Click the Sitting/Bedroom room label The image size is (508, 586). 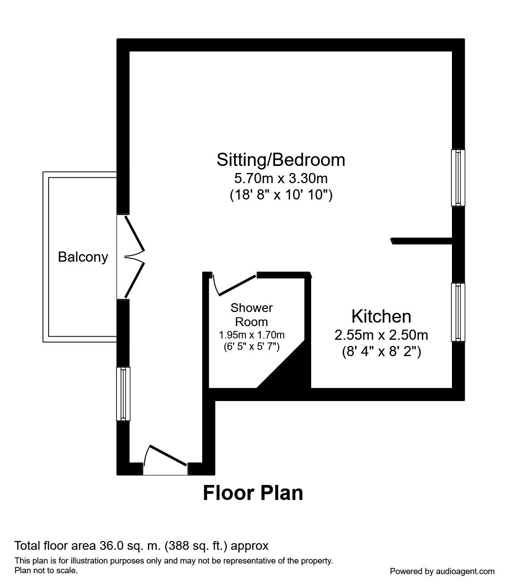tap(281, 160)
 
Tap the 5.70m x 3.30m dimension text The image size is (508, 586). tap(281, 178)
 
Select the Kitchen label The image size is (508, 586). tap(381, 316)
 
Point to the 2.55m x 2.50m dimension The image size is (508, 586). tap(381, 335)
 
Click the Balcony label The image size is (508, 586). tap(83, 257)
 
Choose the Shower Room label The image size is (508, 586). tap(252, 315)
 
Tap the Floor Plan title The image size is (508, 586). tap(253, 493)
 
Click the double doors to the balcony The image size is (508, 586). tap(132, 257)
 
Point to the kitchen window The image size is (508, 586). tap(458, 312)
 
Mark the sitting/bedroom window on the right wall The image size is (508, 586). tap(458, 178)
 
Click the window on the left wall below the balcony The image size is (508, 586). tap(123, 394)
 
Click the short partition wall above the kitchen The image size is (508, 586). tap(421, 240)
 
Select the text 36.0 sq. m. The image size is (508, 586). tap(129, 546)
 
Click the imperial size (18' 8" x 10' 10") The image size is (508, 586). tap(281, 195)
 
